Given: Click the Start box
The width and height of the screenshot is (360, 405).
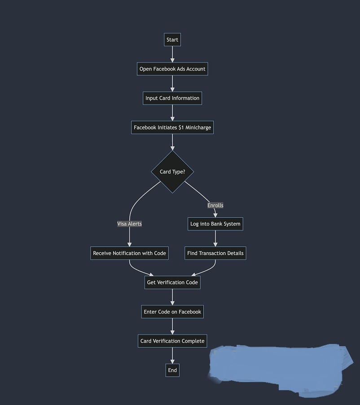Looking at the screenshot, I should tap(172, 40).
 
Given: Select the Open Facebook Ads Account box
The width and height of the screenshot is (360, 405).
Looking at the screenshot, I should tap(172, 69).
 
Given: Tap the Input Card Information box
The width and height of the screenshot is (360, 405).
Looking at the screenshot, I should tap(172, 98).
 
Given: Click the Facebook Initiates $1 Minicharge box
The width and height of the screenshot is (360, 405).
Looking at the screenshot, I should tap(172, 128).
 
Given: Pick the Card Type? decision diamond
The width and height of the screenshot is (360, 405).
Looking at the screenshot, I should tap(172, 172).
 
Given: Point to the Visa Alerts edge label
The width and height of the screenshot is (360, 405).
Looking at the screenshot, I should tap(129, 224).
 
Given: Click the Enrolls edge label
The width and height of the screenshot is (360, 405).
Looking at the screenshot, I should tap(215, 205).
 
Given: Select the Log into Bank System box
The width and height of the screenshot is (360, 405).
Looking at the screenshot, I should tap(215, 224).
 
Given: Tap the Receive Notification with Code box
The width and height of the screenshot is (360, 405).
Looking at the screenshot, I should tap(129, 253).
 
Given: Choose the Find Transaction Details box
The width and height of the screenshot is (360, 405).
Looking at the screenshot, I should tap(215, 253).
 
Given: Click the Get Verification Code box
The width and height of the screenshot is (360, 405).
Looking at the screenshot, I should tap(172, 282).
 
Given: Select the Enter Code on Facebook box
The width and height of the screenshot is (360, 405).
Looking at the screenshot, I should tap(172, 312).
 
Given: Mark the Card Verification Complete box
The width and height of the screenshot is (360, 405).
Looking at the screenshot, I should tap(172, 341).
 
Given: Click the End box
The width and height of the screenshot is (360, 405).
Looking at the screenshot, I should tap(172, 370).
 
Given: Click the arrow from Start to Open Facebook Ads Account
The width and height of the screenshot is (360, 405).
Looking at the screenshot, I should tap(172, 54).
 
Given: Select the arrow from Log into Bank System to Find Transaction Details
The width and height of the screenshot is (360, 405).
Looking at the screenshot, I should tap(215, 238).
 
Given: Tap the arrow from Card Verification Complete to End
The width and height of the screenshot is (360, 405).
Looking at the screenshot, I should tap(172, 355).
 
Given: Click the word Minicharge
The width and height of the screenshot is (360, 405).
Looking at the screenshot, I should tap(198, 128).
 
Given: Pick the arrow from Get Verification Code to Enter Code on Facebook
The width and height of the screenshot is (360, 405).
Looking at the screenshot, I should tap(172, 297).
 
